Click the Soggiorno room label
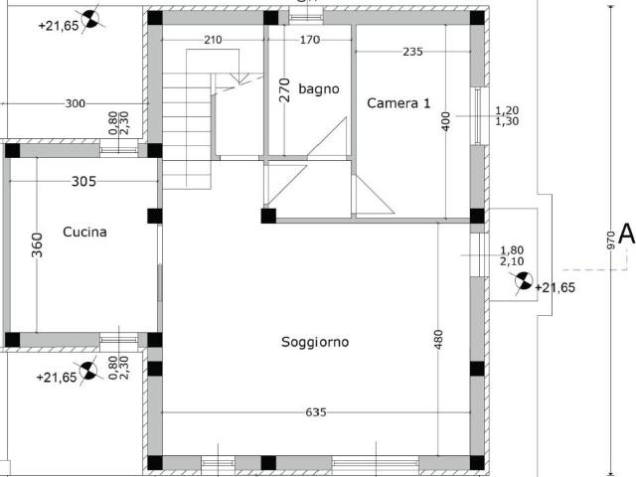click(x=315, y=342)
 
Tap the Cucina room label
click(x=84, y=232)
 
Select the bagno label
click(x=319, y=88)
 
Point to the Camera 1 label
click(x=398, y=103)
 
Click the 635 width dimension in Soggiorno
click(x=316, y=412)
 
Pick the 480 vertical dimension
click(x=438, y=340)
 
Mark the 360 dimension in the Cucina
click(x=37, y=245)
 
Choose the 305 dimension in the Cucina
click(x=83, y=181)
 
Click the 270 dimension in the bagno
click(x=285, y=89)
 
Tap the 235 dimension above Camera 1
click(x=413, y=52)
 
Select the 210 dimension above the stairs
click(x=213, y=40)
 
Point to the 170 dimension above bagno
click(x=310, y=40)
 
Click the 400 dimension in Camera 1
click(x=446, y=121)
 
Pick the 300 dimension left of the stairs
click(x=76, y=103)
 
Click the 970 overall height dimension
click(x=611, y=240)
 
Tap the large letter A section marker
click(x=627, y=235)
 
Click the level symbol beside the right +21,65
click(x=524, y=280)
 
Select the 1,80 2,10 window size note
click(x=512, y=255)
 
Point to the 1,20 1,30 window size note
click(x=507, y=115)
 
